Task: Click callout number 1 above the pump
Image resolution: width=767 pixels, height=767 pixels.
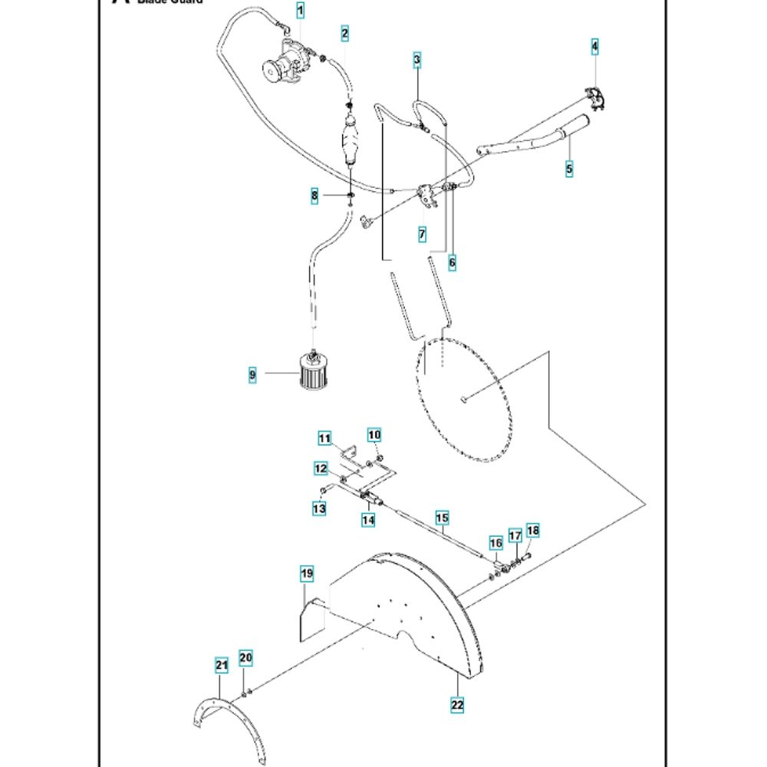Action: pyautogui.click(x=300, y=11)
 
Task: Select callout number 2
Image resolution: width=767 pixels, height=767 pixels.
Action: pyautogui.click(x=345, y=33)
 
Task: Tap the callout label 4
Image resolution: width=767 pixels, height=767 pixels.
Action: pyautogui.click(x=594, y=47)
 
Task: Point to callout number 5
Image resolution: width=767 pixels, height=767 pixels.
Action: pyautogui.click(x=569, y=168)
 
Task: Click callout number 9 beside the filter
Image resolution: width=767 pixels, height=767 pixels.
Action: pyautogui.click(x=252, y=375)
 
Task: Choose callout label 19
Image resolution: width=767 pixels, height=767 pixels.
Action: pyautogui.click(x=306, y=574)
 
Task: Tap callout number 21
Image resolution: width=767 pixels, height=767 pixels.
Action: pyautogui.click(x=222, y=666)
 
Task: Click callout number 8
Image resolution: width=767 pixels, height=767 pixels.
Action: pyautogui.click(x=314, y=196)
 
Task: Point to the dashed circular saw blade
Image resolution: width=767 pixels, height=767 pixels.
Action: pyautogui.click(x=464, y=399)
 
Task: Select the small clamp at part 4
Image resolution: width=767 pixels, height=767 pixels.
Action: pyautogui.click(x=595, y=97)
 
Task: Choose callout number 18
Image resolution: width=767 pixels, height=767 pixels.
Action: pyautogui.click(x=533, y=531)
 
